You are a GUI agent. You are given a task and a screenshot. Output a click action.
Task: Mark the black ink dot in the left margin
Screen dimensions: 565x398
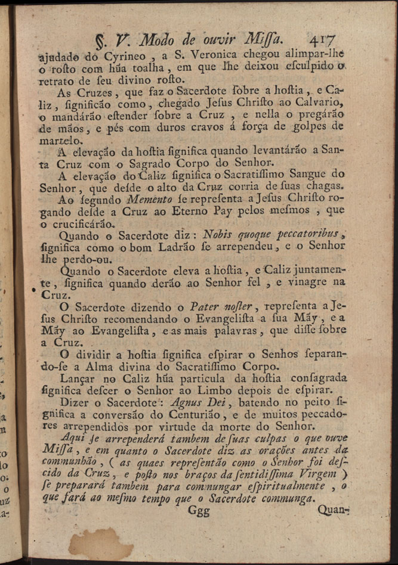(x=34, y=290)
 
